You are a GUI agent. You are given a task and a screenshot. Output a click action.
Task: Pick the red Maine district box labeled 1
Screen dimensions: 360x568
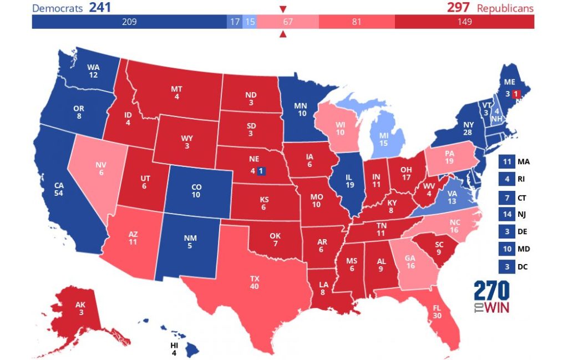(516, 94)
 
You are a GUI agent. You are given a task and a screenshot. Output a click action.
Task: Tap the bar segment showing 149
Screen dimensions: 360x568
(464, 22)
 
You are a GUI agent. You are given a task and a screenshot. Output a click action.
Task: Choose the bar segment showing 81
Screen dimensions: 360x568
(356, 22)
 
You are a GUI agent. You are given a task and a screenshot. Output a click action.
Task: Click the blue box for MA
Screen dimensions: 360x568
(505, 162)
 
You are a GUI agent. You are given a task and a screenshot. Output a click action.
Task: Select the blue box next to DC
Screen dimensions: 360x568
(505, 266)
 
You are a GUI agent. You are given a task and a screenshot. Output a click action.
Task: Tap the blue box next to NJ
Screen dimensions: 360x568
(505, 214)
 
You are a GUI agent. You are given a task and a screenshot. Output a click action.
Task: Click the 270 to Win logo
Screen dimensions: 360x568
(491, 297)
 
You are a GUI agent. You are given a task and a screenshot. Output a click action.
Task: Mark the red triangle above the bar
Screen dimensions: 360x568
(283, 9)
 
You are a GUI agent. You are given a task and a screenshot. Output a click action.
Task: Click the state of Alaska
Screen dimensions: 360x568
(80, 311)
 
